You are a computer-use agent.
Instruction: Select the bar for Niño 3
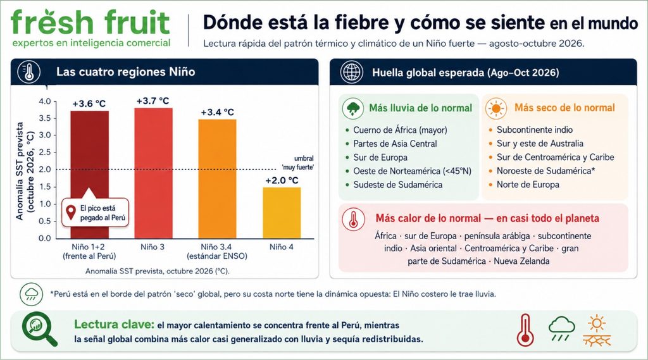click(x=153, y=173)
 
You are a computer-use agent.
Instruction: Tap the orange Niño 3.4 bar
click(x=218, y=179)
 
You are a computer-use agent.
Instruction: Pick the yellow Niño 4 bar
click(x=282, y=213)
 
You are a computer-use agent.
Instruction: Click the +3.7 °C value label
click(x=153, y=101)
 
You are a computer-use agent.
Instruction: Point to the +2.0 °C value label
click(x=282, y=180)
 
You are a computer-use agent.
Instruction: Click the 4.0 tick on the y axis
click(x=45, y=101)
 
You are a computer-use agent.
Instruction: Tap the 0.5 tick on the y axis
click(x=45, y=221)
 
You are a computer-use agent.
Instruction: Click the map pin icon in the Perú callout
click(x=71, y=213)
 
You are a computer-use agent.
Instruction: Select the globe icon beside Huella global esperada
click(x=352, y=72)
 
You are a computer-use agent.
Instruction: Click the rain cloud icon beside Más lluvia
click(x=353, y=108)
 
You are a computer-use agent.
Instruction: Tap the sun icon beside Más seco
click(x=496, y=109)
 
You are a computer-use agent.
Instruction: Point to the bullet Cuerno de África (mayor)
click(x=397, y=130)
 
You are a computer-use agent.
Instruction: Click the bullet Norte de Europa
click(x=524, y=185)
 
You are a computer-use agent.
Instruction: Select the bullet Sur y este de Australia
click(x=536, y=144)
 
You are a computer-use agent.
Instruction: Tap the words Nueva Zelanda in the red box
click(x=521, y=261)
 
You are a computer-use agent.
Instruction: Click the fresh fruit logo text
click(x=90, y=22)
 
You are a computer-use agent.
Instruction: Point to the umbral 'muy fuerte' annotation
click(x=298, y=163)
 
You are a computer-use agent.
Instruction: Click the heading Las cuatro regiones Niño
click(x=126, y=72)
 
